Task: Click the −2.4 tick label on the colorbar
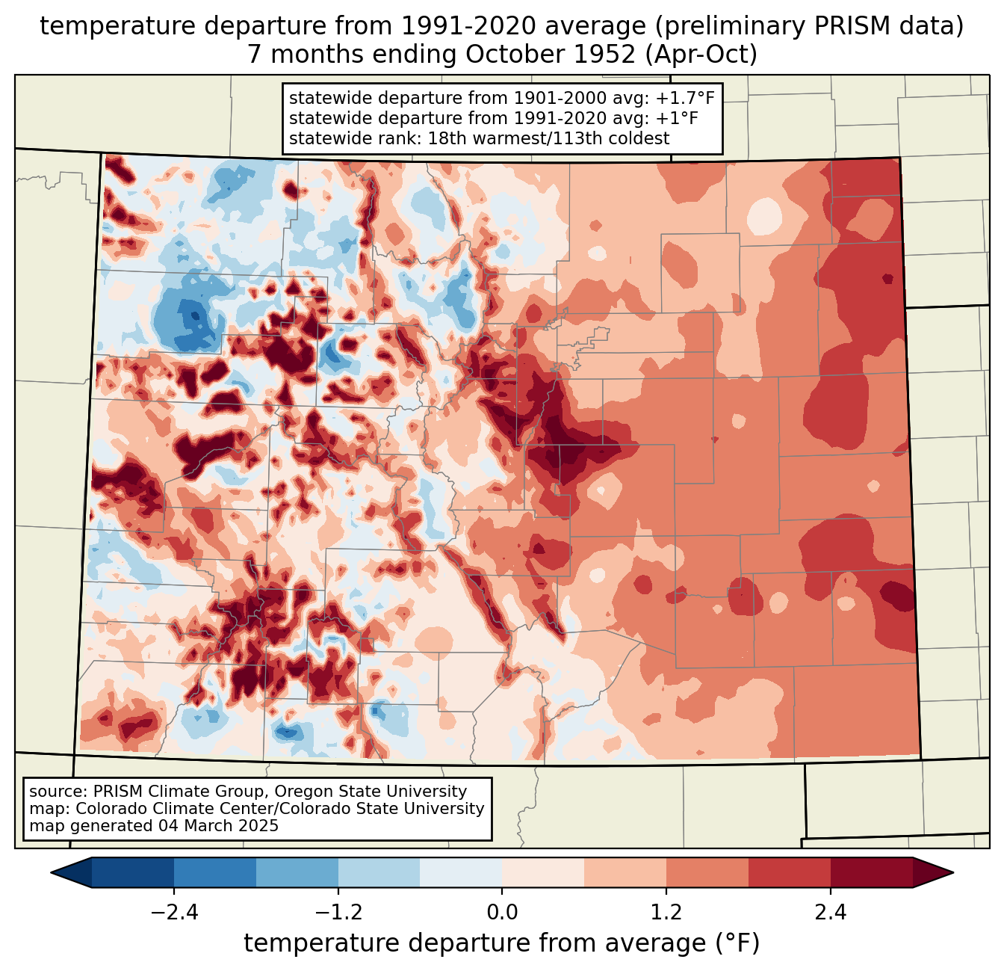(x=173, y=913)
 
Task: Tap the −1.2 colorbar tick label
(x=338, y=913)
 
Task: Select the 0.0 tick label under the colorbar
(x=502, y=913)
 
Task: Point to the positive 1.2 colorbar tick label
(x=666, y=913)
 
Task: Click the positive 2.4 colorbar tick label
(x=831, y=913)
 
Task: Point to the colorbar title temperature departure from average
(x=501, y=943)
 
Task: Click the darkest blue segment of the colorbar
(x=133, y=872)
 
